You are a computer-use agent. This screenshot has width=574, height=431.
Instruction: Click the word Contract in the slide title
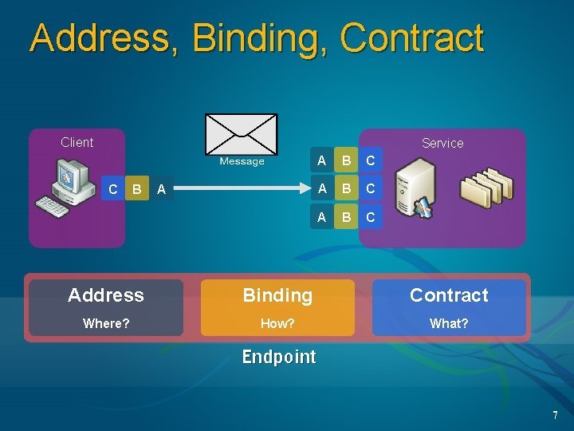(411, 38)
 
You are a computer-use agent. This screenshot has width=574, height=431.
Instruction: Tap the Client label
(77, 142)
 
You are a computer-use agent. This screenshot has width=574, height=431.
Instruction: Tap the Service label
(442, 143)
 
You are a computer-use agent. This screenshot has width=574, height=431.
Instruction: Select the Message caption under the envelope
(242, 161)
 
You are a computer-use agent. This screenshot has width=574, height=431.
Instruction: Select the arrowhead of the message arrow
(305, 189)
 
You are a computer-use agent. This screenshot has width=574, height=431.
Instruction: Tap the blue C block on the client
(113, 189)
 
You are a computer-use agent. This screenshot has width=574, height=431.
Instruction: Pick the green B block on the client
(137, 189)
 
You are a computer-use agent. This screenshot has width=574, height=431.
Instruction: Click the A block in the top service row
(321, 160)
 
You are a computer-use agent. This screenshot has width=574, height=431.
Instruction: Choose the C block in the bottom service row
(370, 217)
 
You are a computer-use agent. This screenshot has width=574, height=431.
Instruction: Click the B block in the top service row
(346, 160)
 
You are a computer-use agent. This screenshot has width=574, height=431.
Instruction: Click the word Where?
(106, 323)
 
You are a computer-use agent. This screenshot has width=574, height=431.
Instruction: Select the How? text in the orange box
(277, 323)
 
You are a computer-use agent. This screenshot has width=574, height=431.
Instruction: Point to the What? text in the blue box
(449, 323)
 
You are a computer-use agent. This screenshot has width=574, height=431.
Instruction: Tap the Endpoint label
(279, 357)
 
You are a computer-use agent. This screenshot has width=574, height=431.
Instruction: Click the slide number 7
(556, 415)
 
